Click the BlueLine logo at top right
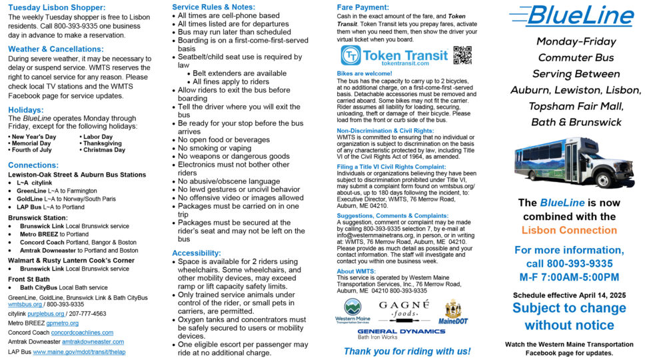pyautogui.click(x=570, y=14)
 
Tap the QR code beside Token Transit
pyautogui.click(x=462, y=55)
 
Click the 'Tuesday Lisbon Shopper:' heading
pyautogui.click(x=57, y=8)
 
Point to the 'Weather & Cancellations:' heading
pyautogui.click(x=56, y=49)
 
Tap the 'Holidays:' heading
pyautogui.click(x=26, y=109)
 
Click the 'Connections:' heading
pyautogui.click(x=33, y=165)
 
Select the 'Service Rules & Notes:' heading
pyautogui.click(x=215, y=7)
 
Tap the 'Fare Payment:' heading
pyautogui.click(x=362, y=7)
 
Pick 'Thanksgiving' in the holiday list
pyautogui.click(x=102, y=143)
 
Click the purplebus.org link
pyautogui.click(x=45, y=313)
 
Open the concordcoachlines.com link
pyautogui.click(x=82, y=333)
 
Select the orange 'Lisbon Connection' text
pyautogui.click(x=569, y=230)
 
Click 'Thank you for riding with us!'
pyautogui.click(x=406, y=351)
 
